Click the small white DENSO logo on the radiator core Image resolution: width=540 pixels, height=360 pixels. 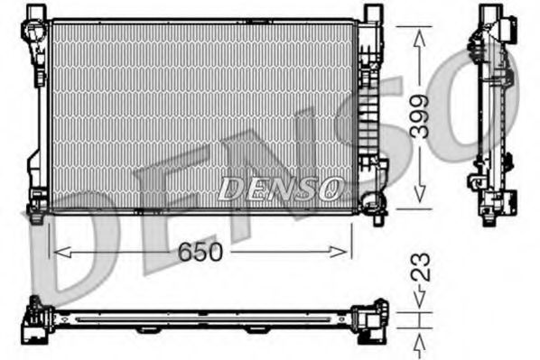[x=279, y=188]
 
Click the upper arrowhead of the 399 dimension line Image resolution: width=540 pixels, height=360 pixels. [x=418, y=34]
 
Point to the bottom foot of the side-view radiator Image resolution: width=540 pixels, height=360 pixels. [x=489, y=215]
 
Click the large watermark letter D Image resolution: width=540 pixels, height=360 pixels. [x=72, y=253]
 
